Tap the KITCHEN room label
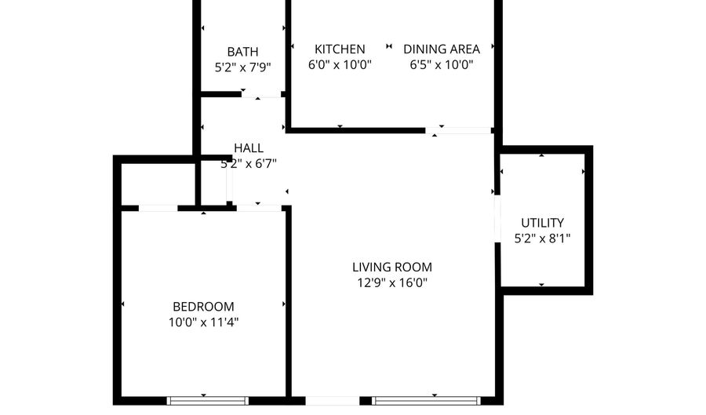pos(340,49)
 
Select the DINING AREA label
pos(442,49)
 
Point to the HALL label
pos(249,147)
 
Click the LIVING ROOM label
pos(391,267)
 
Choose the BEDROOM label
pos(203,306)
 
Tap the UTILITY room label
pos(542,223)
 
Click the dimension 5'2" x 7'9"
pos(242,67)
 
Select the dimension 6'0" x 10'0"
pos(340,64)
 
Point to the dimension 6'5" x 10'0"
pos(442,64)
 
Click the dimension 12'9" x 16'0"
pos(391,282)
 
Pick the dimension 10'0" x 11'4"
pos(203,322)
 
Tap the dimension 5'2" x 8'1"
pos(542,238)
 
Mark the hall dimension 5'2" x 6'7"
pos(249,163)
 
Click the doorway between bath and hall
pos(261,95)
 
